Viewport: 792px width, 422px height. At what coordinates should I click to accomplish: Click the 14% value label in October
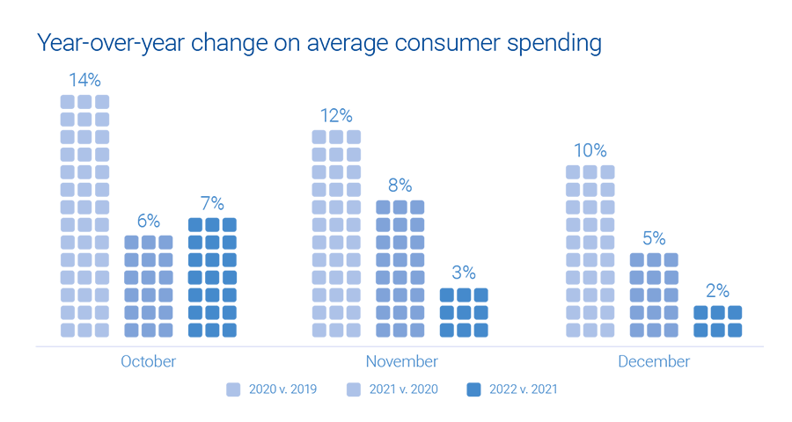tap(84, 81)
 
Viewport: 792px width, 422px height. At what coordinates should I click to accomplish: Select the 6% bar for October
tap(148, 286)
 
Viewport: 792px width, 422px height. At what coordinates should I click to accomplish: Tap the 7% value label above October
tap(212, 204)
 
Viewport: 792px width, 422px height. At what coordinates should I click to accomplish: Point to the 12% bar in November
tap(336, 233)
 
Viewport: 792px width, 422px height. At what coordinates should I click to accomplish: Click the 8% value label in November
tap(400, 186)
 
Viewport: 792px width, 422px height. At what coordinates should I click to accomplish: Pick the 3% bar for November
tap(463, 312)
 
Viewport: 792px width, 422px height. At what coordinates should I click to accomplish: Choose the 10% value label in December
tap(590, 151)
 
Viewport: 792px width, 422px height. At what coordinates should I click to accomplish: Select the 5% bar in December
tap(653, 295)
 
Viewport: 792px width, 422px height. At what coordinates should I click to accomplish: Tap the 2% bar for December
tap(716, 321)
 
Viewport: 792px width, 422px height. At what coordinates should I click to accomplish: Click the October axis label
tap(148, 361)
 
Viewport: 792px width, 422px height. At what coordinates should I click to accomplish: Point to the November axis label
tap(400, 361)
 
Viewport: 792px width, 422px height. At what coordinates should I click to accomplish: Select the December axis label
tap(654, 361)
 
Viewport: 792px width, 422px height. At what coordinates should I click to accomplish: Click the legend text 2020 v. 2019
tap(282, 389)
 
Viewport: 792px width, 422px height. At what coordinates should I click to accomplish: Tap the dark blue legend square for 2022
tap(473, 389)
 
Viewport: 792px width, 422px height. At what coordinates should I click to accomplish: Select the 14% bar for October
tap(84, 215)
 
